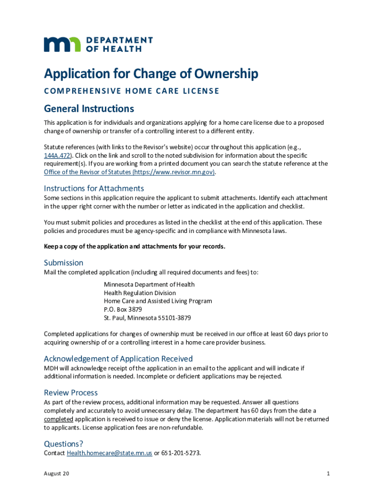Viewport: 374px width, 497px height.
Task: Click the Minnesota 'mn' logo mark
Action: [x=63, y=44]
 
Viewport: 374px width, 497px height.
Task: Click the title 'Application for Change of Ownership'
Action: [x=151, y=74]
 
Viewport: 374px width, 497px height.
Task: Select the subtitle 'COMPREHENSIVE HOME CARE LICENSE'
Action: [x=132, y=91]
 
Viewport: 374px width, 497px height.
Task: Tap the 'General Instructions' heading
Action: [x=89, y=108]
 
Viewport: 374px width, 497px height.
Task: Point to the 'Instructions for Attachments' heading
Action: [x=94, y=188]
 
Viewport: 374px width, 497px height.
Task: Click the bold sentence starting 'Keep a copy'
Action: [x=135, y=247]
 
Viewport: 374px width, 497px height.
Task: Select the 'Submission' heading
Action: [x=64, y=263]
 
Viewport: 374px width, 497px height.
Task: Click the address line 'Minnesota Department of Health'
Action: [x=149, y=284]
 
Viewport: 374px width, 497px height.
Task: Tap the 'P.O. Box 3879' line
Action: [x=123, y=310]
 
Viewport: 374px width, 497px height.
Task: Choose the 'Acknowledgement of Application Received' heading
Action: [x=118, y=359]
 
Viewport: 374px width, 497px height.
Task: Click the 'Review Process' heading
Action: [x=71, y=393]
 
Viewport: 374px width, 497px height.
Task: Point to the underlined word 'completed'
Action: [x=59, y=419]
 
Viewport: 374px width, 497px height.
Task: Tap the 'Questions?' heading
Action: [x=64, y=444]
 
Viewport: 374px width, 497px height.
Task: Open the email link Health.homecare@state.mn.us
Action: [x=109, y=453]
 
